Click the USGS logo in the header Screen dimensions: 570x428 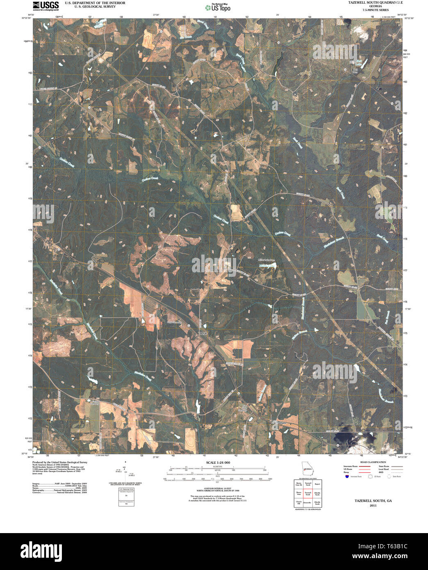coord(46,5)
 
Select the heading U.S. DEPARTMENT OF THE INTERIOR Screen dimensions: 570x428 coord(95,3)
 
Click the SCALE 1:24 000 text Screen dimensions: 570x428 coord(218,463)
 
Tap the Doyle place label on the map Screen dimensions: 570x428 coord(204,333)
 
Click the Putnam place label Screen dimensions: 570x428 coord(281,422)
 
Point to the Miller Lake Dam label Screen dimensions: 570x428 coord(266,260)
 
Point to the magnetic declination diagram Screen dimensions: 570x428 coord(125,472)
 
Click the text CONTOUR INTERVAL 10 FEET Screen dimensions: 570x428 coord(218,489)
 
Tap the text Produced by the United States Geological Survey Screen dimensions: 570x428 coord(60,462)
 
